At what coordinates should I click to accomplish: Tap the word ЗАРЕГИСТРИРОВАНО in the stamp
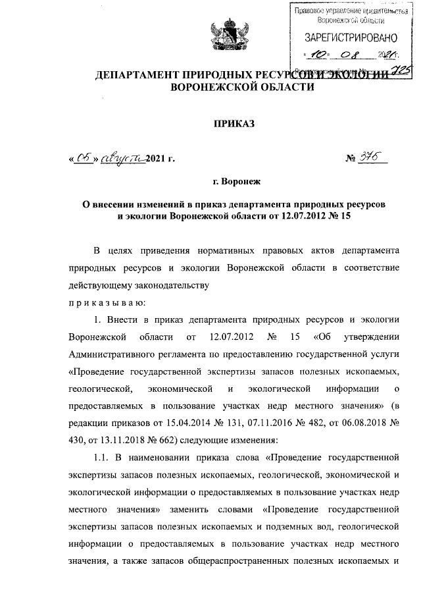[346, 38]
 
